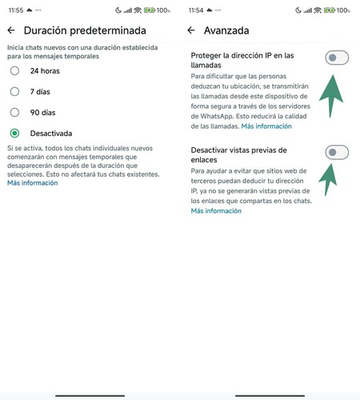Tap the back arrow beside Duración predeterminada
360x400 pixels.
click(11, 30)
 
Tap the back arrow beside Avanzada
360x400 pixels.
click(191, 30)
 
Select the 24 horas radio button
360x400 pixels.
click(15, 71)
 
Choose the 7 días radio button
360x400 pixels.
click(15, 92)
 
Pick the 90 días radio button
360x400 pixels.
click(15, 113)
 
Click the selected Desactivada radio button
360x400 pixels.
click(15, 134)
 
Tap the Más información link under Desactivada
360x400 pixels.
click(33, 183)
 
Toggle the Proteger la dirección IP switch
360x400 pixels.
click(337, 57)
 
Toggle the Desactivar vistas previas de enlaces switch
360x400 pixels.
click(337, 152)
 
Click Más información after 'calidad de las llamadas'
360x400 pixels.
click(266, 126)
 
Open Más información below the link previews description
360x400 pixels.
click(216, 211)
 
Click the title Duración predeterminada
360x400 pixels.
click(85, 30)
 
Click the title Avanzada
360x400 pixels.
click(227, 30)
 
